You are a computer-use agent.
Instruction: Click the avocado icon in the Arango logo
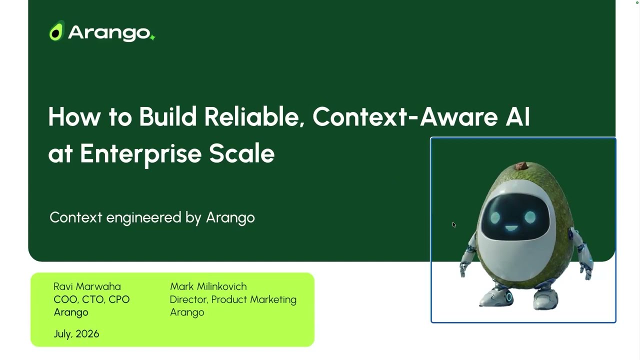coord(56,31)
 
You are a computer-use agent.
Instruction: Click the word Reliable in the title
coord(254,117)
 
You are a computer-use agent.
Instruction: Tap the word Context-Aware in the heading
coord(405,116)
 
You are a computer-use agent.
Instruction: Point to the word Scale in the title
coord(241,153)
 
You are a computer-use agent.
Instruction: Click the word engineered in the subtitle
coord(143,217)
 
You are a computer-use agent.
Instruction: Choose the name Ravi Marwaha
coord(87,286)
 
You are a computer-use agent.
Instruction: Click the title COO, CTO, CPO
coord(91,299)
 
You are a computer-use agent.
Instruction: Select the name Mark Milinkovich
coord(208,286)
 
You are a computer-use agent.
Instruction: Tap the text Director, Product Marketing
coord(233,299)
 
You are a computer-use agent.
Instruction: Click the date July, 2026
coord(76,333)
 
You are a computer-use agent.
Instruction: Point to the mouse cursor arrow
coord(454,225)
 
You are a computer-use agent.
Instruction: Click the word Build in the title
coord(168,116)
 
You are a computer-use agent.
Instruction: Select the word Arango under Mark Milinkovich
coord(187,312)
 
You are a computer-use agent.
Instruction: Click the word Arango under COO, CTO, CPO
coord(71,312)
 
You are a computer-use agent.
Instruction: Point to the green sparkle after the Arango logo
coord(153,37)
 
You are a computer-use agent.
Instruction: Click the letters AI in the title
coord(517,116)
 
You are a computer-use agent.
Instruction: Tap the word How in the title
coord(74,116)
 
